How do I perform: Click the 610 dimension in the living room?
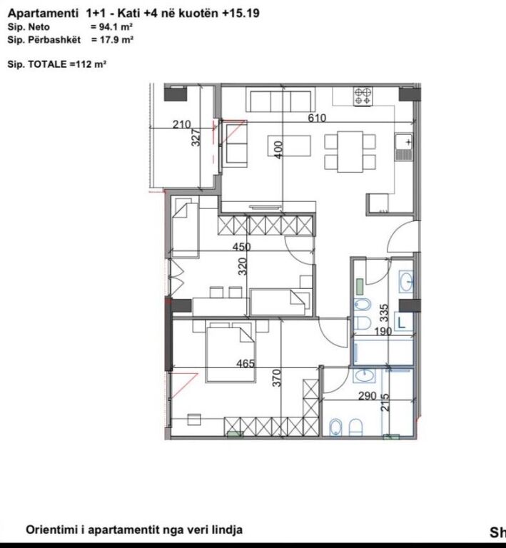(317, 118)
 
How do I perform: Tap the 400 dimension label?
(279, 149)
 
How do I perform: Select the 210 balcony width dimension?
(183, 125)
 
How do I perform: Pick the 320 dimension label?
(243, 267)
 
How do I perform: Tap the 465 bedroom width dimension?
(246, 364)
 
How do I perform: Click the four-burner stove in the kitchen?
(363, 96)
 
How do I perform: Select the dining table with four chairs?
(350, 151)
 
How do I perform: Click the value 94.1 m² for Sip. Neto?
(113, 27)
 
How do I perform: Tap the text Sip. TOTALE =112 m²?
(57, 64)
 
